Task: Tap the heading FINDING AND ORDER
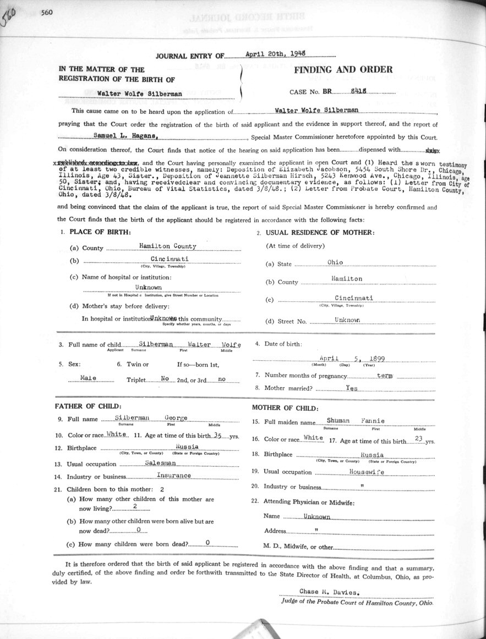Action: point(343,70)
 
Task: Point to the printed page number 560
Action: point(46,14)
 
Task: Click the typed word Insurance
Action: point(174,475)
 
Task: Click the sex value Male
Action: point(89,378)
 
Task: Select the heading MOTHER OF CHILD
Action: point(285,408)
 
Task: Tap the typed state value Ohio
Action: point(335,262)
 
